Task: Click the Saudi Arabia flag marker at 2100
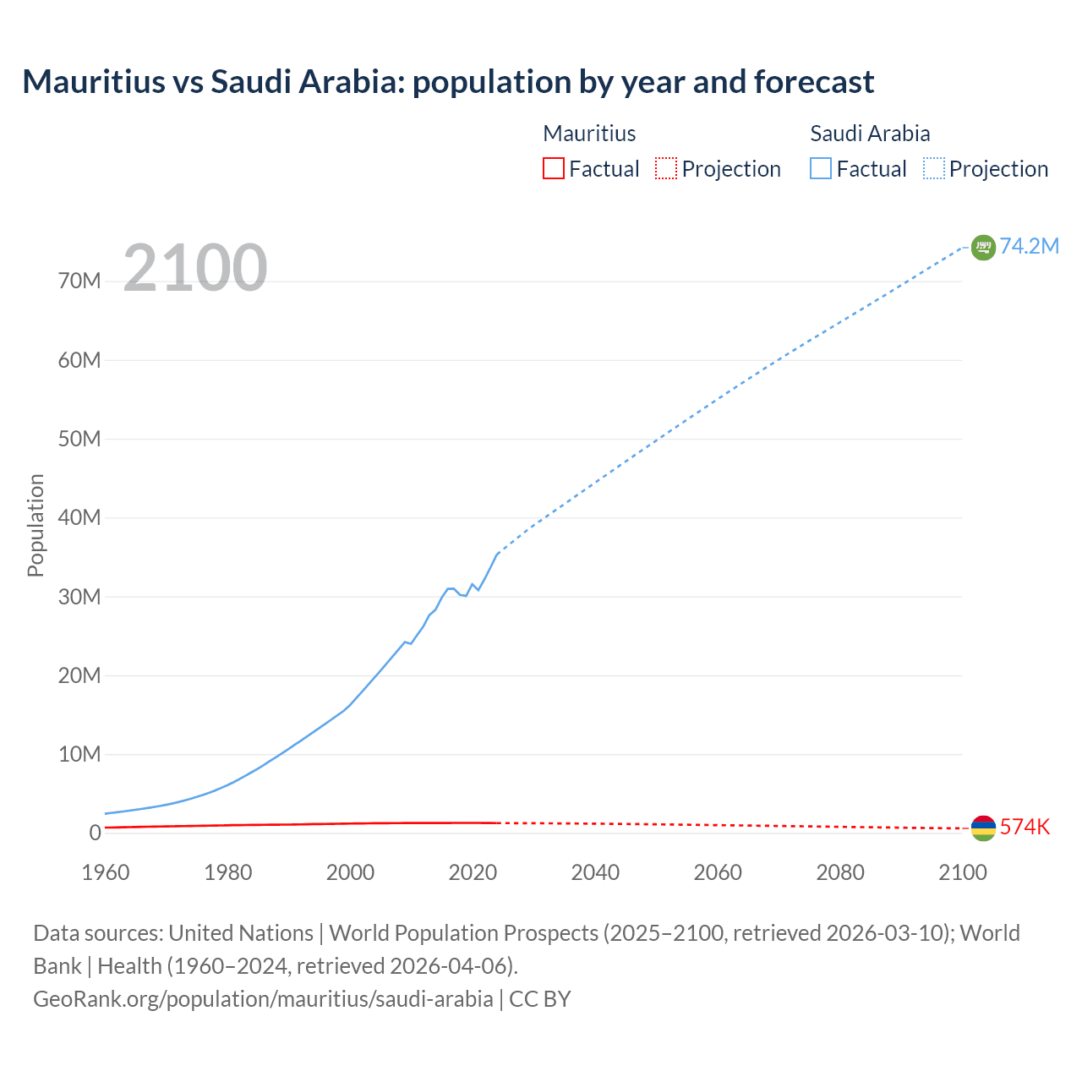(x=983, y=247)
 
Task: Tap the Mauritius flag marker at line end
(x=983, y=828)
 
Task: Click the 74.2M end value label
(x=1029, y=246)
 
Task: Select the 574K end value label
(x=1025, y=827)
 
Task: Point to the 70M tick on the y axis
(x=79, y=281)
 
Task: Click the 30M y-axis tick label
(x=79, y=597)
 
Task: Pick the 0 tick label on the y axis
(x=95, y=833)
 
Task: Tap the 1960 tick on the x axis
(x=106, y=872)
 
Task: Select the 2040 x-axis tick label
(x=595, y=872)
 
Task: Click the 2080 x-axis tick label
(x=840, y=872)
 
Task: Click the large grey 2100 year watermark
(x=195, y=268)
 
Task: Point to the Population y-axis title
(x=36, y=525)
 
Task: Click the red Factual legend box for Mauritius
(x=553, y=168)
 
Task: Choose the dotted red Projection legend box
(x=666, y=168)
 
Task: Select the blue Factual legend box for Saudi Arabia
(x=821, y=168)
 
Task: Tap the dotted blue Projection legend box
(x=934, y=168)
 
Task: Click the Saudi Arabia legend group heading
(x=870, y=134)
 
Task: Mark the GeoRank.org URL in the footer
(x=263, y=998)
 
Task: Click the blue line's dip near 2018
(x=465, y=595)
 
